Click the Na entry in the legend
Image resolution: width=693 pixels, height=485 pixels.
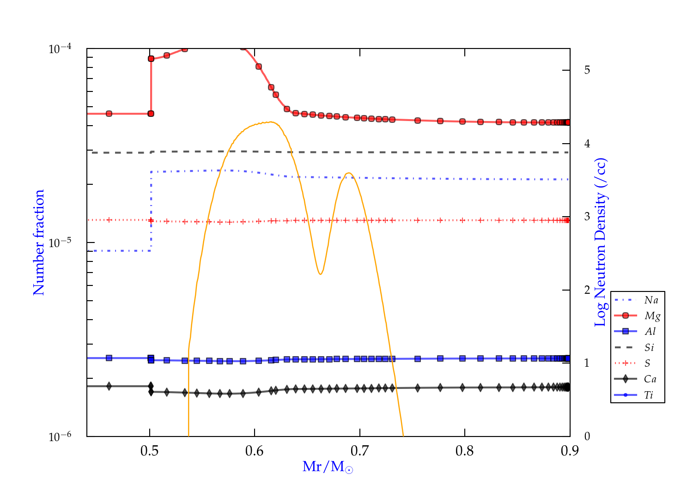(651, 300)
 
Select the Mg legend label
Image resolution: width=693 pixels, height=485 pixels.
(652, 316)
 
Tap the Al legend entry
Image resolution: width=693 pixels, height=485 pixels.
(650, 332)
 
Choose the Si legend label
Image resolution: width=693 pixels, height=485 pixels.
(649, 347)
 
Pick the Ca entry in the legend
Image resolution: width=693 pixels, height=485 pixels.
(650, 379)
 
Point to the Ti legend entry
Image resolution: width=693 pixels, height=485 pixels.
(649, 395)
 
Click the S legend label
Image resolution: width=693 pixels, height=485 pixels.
(647, 364)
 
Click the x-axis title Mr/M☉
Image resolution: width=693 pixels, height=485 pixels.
(328, 467)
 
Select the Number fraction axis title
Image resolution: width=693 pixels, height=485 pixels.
(39, 242)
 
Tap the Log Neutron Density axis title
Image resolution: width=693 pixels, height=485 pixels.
(600, 242)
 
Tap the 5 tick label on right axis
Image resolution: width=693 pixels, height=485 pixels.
(587, 70)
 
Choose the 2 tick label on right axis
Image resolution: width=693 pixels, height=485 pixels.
(587, 290)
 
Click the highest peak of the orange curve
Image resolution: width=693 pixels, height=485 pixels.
(272, 122)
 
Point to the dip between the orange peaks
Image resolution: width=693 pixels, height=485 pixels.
(320, 274)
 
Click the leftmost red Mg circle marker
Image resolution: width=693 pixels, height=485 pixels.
(109, 114)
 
